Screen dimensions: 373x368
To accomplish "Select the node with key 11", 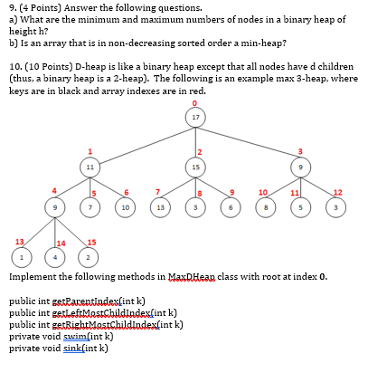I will (90, 167).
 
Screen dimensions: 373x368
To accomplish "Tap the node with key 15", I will (196, 167).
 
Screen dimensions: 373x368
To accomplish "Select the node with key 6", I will (232, 206).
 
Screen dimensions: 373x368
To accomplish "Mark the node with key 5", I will (303, 206).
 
